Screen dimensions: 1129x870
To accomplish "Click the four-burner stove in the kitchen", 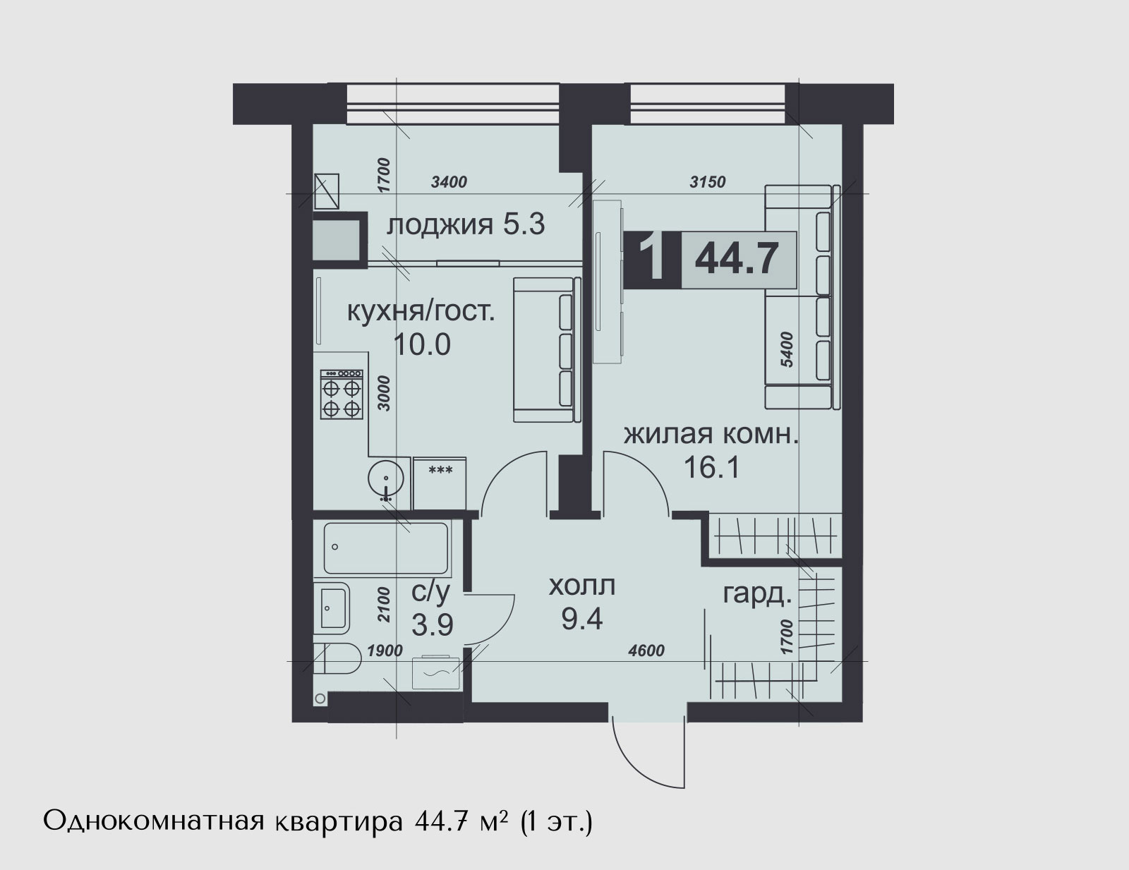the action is coord(342,394).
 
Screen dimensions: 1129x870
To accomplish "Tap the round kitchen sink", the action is coord(385,478).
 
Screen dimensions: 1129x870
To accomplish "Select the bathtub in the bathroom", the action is coord(385,548).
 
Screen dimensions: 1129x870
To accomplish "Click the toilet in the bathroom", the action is coord(337,660).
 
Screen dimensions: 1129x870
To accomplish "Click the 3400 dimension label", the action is coord(449,182).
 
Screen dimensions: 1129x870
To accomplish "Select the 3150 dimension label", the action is coord(708,182).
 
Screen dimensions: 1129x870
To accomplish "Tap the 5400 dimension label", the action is coord(787,349).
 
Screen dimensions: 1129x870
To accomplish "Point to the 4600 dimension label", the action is coord(646,651).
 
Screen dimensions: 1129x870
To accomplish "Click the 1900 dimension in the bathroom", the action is coord(385,651).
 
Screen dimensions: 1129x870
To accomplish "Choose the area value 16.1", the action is coord(711,468).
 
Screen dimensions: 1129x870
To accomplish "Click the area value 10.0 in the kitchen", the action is coord(422,344).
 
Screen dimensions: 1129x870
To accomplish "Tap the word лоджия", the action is coord(439,226).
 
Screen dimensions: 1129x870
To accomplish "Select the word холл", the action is coord(582,586).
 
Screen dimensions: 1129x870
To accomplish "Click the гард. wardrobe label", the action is coord(758,596).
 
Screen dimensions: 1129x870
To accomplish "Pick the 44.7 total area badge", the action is coord(738,259).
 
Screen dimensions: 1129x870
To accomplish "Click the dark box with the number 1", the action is coord(652,259).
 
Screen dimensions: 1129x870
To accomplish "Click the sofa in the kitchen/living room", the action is coord(547,349).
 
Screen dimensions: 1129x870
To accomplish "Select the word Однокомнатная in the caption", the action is coord(155,822).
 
